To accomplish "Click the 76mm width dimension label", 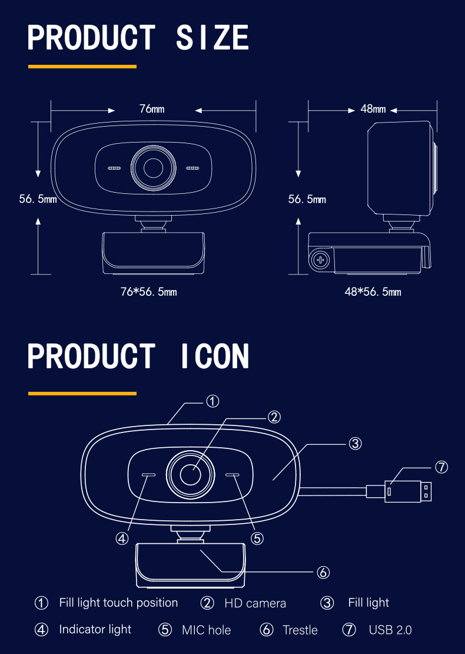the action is click(x=152, y=109).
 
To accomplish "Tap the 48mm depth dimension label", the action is click(x=373, y=109).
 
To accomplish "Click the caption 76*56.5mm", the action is click(x=149, y=292).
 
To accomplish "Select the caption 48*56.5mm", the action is click(x=373, y=292).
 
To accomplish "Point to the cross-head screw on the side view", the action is click(x=320, y=260).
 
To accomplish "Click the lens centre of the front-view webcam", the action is click(x=153, y=168).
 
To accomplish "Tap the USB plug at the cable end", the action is click(x=408, y=491).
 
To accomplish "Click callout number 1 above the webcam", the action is click(x=212, y=401).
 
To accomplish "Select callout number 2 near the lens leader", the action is click(x=274, y=417).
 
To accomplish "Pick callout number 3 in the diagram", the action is click(x=355, y=444).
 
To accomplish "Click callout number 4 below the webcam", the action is click(x=122, y=539).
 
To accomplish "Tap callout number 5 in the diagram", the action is click(x=257, y=539).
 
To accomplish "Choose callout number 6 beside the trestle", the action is click(x=323, y=572).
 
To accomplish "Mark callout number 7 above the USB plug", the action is click(x=441, y=467).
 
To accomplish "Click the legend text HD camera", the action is click(x=255, y=603).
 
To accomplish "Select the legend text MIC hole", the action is click(x=206, y=630).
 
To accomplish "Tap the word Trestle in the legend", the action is click(x=300, y=630).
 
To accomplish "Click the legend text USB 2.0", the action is click(x=390, y=630).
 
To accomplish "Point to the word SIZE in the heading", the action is click(x=212, y=38).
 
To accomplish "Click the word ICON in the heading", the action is click(x=215, y=356).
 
